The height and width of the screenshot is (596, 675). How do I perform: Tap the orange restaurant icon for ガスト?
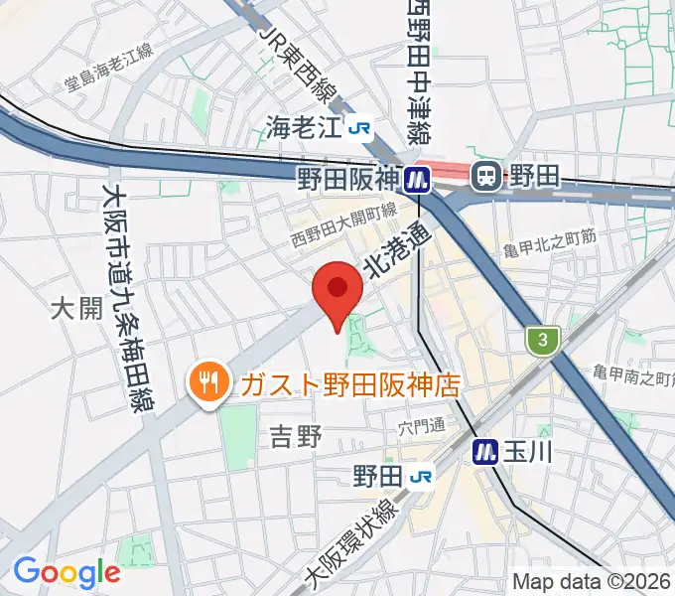pyautogui.click(x=207, y=381)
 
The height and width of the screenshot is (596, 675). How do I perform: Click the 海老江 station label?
pyautogui.click(x=302, y=126)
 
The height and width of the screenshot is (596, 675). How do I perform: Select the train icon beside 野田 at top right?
pyautogui.click(x=486, y=177)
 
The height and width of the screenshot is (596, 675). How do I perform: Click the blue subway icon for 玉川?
pyautogui.click(x=485, y=451)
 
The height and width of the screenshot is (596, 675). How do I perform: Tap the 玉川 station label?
pyautogui.click(x=527, y=451)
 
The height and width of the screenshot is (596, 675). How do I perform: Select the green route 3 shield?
pyautogui.click(x=540, y=340)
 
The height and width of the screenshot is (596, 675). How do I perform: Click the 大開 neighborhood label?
pyautogui.click(x=76, y=309)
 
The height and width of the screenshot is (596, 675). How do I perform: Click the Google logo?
pyautogui.click(x=67, y=572)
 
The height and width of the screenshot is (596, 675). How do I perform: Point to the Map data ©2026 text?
pyautogui.click(x=591, y=582)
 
